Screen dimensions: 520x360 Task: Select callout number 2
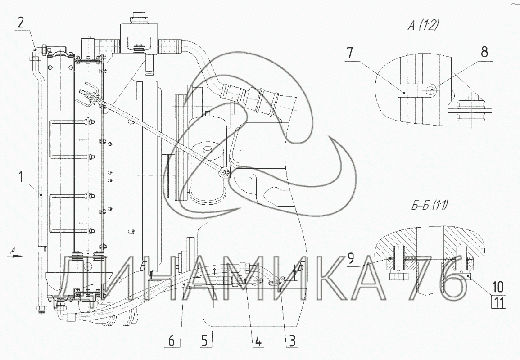click(x=21, y=22)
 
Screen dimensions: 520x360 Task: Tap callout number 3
click(x=291, y=341)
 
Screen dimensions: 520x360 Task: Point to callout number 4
click(x=258, y=341)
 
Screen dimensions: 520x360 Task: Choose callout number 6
click(x=171, y=341)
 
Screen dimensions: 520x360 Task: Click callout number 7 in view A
click(x=351, y=54)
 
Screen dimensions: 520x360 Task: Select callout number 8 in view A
click(x=484, y=52)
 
